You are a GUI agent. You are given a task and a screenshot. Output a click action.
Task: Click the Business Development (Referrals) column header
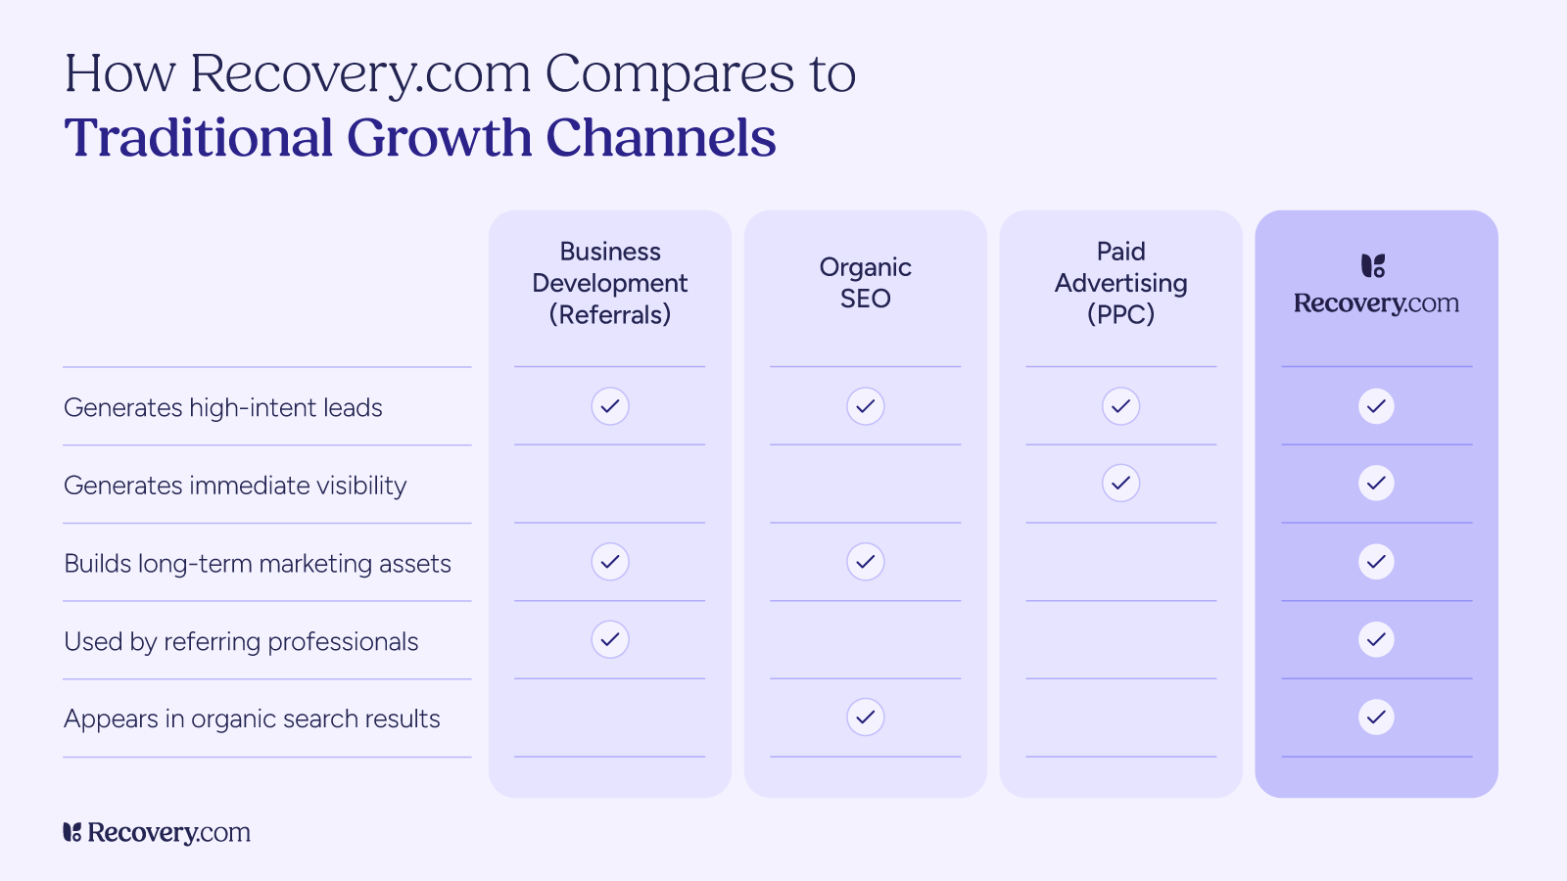[x=610, y=283]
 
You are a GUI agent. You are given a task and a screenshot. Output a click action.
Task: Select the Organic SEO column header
[x=866, y=283]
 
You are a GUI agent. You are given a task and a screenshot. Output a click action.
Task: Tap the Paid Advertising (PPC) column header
[x=1121, y=283]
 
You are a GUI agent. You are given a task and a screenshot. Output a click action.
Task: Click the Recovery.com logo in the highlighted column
[x=1376, y=285]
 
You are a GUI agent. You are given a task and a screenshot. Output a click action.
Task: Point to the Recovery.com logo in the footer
[x=157, y=832]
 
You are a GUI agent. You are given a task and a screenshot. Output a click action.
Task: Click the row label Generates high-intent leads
[x=223, y=407]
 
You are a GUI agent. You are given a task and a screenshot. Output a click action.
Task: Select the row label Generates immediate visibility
[x=235, y=486]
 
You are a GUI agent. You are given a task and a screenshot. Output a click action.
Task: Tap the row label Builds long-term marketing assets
[x=258, y=564]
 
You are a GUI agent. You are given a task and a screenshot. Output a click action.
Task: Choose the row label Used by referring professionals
[x=241, y=641]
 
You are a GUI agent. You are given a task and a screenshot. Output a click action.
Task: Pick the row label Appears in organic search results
[x=252, y=719]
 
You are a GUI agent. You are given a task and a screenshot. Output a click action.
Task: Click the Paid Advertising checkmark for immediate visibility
[x=1121, y=483]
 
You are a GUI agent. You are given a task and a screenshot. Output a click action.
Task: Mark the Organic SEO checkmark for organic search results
[x=866, y=718]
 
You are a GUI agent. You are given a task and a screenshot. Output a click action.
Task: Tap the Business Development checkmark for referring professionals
[x=610, y=639]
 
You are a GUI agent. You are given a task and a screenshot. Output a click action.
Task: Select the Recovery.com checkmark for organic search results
[x=1376, y=718]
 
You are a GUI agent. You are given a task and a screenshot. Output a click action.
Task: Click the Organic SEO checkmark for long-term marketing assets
[x=866, y=562]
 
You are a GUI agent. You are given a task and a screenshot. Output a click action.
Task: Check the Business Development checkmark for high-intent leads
[x=610, y=406]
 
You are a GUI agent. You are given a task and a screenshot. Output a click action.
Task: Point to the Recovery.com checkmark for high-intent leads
[x=1376, y=406]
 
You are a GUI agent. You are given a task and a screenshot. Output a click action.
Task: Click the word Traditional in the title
[x=199, y=138]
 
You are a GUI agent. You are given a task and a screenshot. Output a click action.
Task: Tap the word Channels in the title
[x=660, y=138]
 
